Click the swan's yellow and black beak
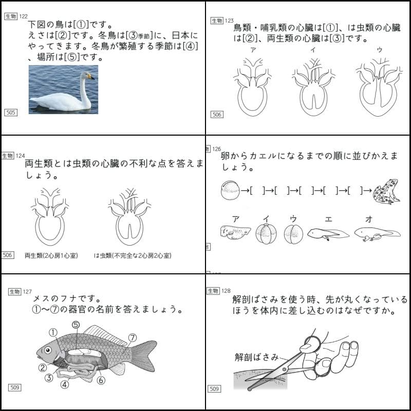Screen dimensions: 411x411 (x=91, y=77)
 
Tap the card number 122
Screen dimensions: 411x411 (x=24, y=16)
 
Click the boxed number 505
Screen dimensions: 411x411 (x=10, y=112)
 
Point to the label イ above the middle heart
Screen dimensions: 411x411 (x=313, y=50)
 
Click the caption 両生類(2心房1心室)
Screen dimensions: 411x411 (x=51, y=255)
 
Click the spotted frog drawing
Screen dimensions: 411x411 (x=387, y=192)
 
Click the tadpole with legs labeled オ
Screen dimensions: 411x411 (x=377, y=234)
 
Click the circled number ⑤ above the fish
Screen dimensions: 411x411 (x=76, y=325)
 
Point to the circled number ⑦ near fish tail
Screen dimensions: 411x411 (x=133, y=338)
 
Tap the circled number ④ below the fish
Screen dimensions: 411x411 (x=65, y=384)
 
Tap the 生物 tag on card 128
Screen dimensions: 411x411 (x=213, y=291)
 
